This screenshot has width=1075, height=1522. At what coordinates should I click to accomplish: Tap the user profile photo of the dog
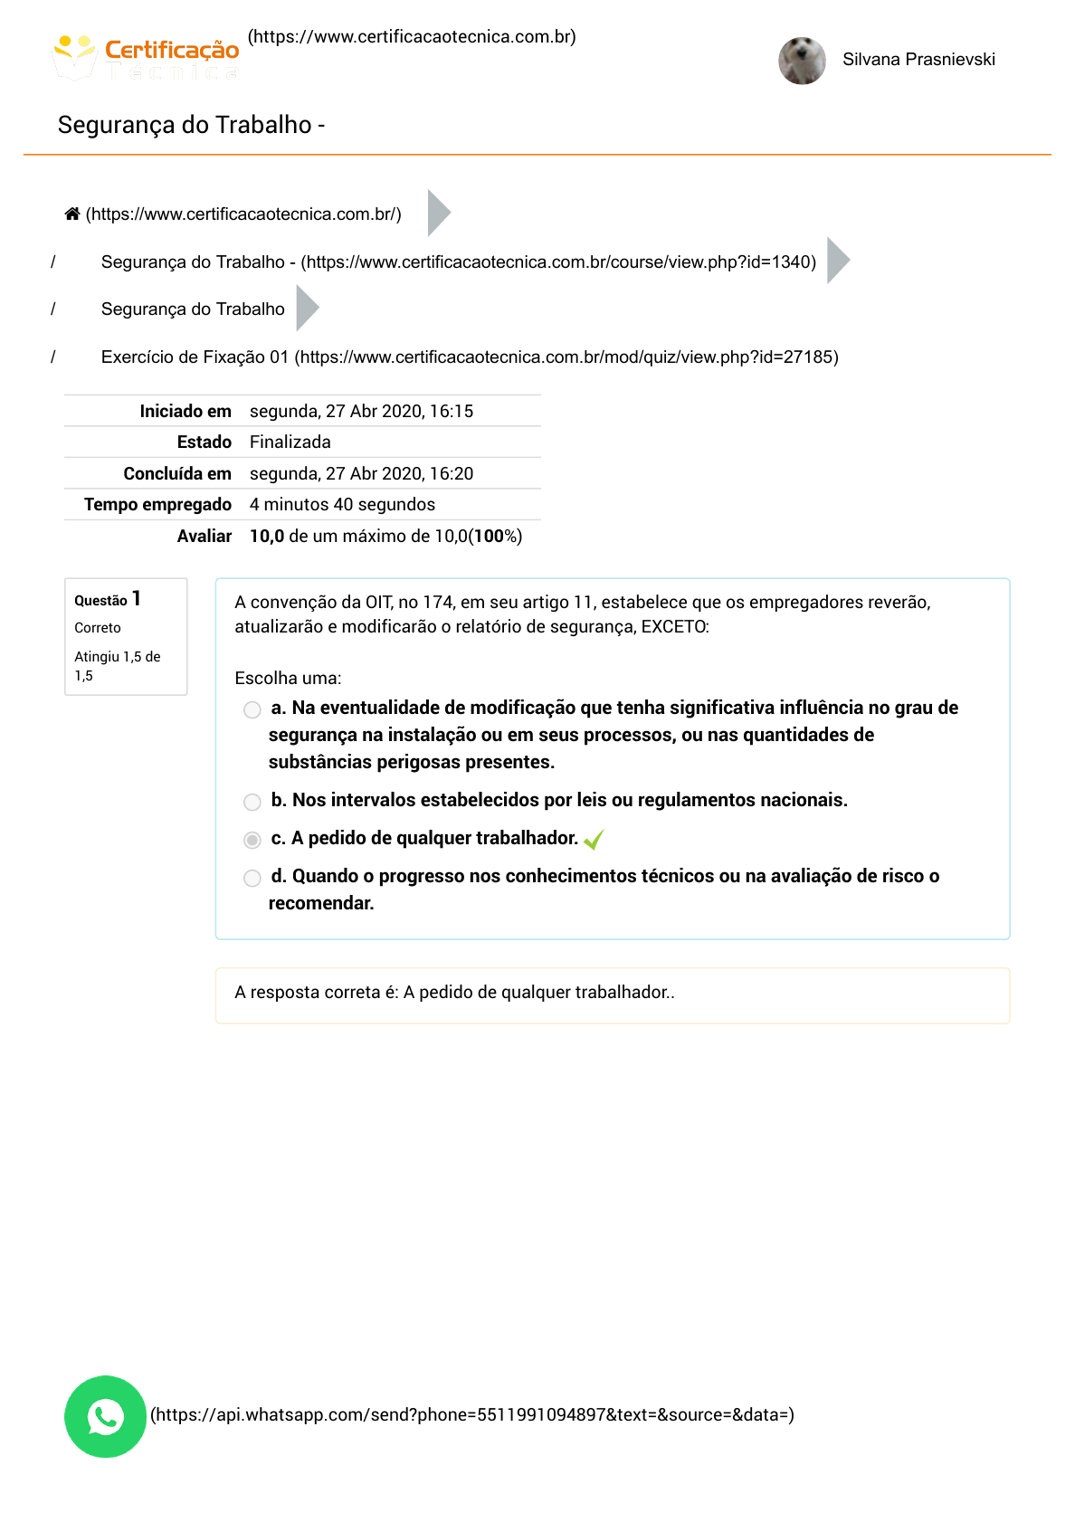[802, 61]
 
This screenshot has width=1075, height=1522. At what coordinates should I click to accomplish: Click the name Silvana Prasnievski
[918, 60]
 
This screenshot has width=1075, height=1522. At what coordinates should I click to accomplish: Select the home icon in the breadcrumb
[72, 214]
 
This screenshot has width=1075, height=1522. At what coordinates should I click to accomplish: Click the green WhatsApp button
[106, 1416]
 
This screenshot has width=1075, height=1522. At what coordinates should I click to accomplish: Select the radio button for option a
[252, 709]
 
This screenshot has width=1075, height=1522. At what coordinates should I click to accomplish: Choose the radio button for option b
[252, 802]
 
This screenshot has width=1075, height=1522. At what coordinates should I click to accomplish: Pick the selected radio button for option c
[252, 840]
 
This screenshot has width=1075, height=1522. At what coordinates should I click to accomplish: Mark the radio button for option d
[252, 878]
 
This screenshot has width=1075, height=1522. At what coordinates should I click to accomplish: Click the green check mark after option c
[594, 840]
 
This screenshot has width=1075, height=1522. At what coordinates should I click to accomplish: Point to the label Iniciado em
[186, 412]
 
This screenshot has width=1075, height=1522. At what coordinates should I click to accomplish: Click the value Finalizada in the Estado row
[290, 442]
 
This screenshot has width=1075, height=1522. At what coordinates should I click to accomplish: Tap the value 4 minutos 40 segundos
[342, 505]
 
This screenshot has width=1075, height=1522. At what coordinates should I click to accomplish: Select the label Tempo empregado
[157, 505]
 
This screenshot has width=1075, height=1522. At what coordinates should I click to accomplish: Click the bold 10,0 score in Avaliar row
[267, 537]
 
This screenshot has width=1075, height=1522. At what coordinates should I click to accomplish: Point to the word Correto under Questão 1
[98, 628]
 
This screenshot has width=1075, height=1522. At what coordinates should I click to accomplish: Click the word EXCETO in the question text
[674, 627]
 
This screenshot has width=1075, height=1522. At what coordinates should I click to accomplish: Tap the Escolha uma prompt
[288, 679]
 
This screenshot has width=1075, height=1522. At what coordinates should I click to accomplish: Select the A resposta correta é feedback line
[454, 993]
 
